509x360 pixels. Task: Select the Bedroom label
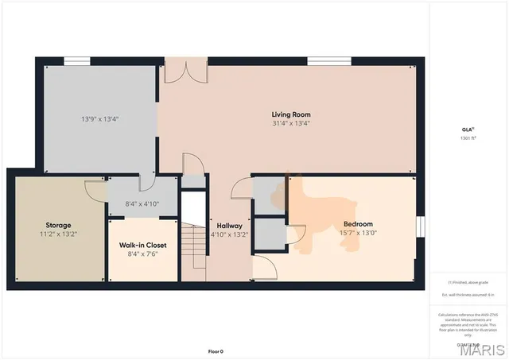[x=358, y=224]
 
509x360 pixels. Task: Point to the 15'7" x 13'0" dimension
[x=358, y=233]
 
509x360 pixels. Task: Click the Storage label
[x=58, y=225]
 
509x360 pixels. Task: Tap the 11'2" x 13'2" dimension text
[x=58, y=234]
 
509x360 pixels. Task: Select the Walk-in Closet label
[x=143, y=246]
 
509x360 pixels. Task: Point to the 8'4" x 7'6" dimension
[x=143, y=255]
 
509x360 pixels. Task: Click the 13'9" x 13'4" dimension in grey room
[x=99, y=119]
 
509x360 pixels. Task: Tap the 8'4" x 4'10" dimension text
[x=143, y=204]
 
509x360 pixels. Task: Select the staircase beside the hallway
[x=194, y=246]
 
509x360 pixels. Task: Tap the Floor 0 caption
[x=216, y=350]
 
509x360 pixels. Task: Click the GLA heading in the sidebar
[x=468, y=130]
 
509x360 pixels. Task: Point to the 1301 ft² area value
[x=468, y=138]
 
